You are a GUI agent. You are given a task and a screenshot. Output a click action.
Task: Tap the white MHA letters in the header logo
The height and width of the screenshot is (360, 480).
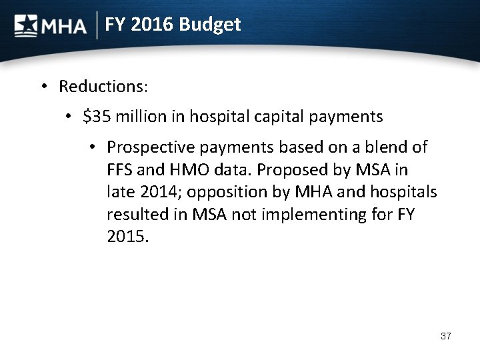64,27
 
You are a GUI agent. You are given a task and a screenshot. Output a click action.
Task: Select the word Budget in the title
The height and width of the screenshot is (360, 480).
209,25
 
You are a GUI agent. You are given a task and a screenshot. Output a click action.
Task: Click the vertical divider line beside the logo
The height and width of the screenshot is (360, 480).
99,25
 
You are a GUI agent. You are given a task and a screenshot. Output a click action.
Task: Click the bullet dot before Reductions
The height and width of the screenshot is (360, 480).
43,87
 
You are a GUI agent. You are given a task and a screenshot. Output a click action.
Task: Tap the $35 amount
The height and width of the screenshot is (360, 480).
96,117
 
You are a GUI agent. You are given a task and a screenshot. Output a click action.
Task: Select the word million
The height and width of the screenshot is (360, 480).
145,117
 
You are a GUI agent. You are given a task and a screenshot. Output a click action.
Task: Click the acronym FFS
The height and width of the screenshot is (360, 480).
120,170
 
